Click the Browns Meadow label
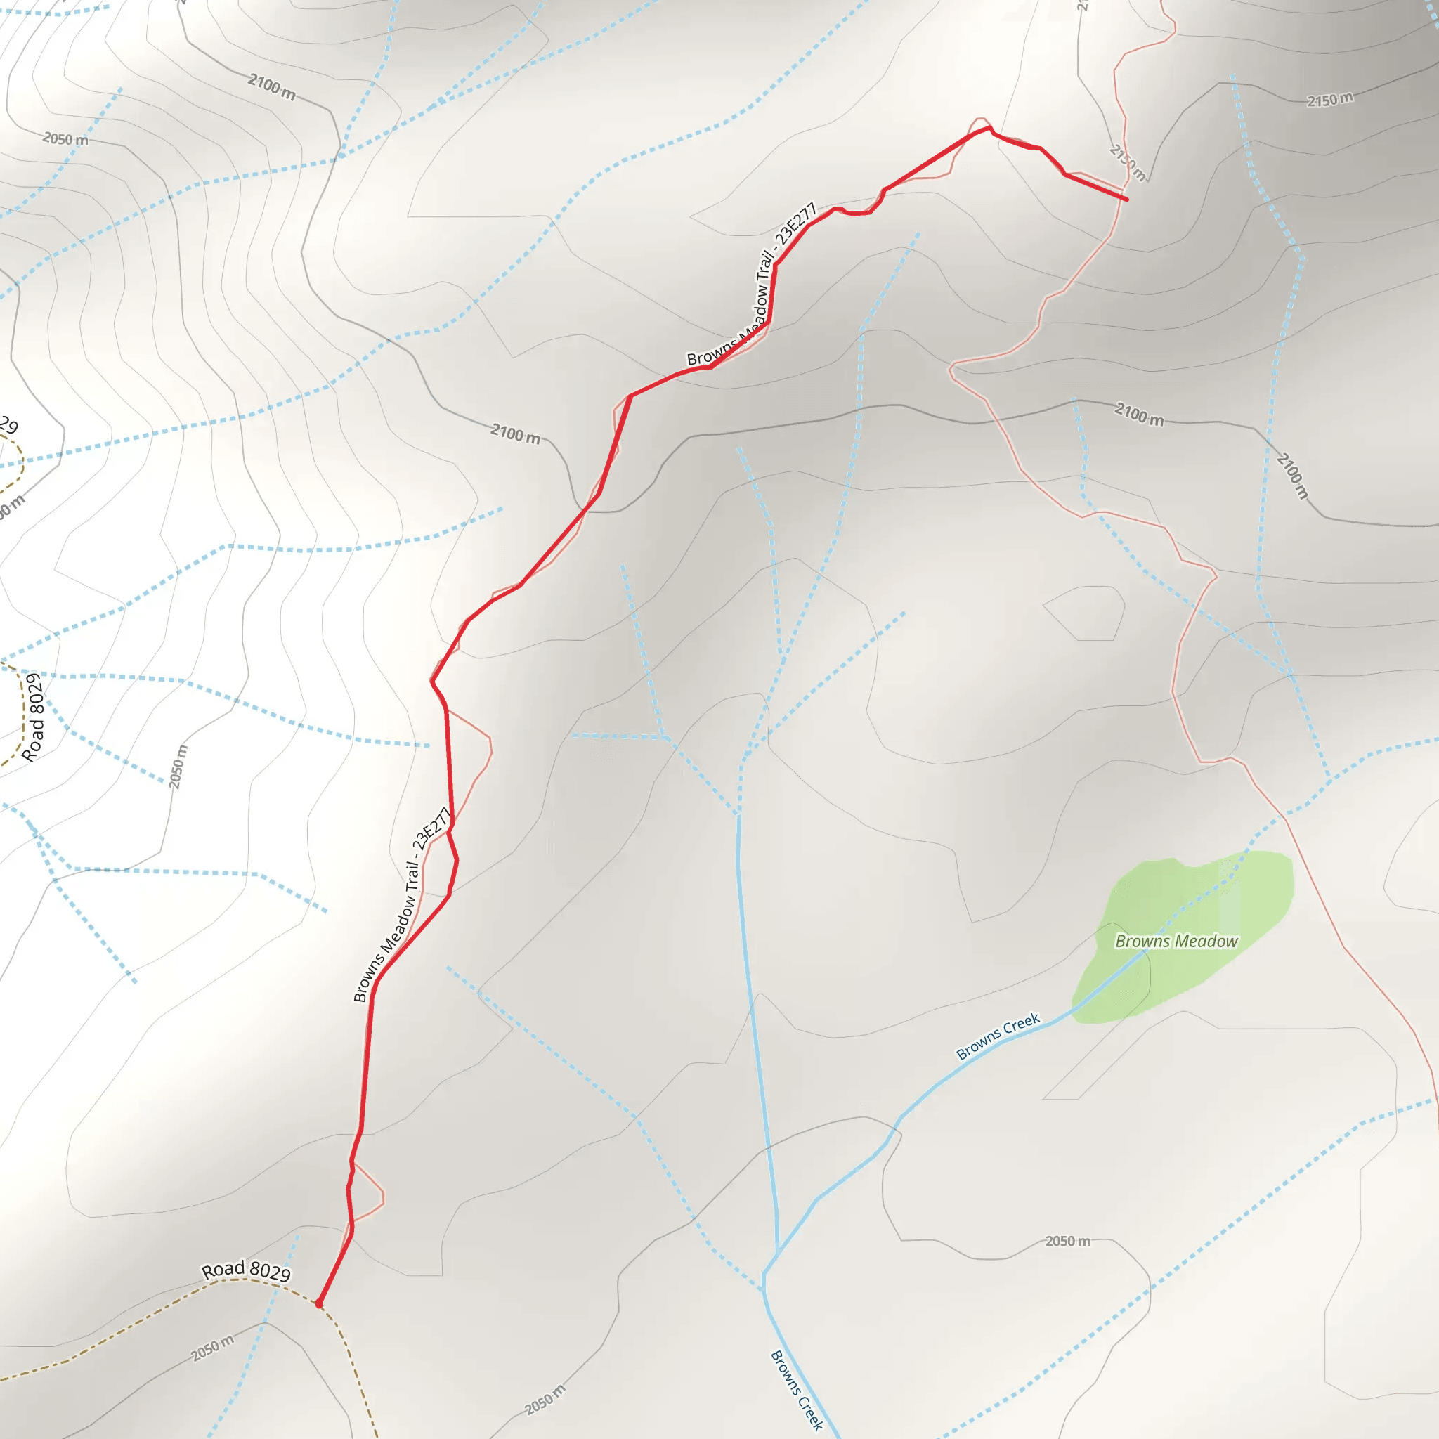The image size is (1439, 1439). point(1176,942)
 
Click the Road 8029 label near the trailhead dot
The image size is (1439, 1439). point(246,1270)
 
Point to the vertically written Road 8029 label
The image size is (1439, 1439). point(33,718)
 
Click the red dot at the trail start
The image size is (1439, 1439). point(319,1303)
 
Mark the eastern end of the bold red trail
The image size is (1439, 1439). point(1126,200)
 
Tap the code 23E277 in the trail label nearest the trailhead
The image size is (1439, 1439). point(432,828)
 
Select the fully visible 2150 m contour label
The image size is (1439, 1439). point(1329,99)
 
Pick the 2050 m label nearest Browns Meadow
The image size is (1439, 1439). point(1067,1241)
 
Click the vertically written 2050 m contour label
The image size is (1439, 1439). point(177,767)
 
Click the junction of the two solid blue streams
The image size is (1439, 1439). point(778,1253)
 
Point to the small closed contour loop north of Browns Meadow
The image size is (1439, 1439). point(1084,612)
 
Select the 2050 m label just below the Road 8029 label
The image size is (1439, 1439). point(212,1348)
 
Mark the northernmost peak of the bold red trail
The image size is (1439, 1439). point(989,127)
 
